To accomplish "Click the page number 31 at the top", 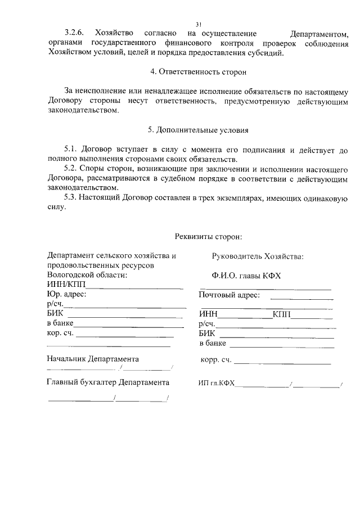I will [x=199, y=24].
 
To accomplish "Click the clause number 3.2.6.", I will [x=75, y=34].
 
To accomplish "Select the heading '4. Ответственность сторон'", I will [x=199, y=72].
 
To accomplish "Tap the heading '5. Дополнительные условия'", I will [x=198, y=130].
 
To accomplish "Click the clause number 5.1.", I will [x=71, y=150].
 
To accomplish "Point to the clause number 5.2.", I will [x=71, y=169].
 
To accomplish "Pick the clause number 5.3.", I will [x=71, y=197].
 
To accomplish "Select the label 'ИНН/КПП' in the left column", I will [x=62, y=285].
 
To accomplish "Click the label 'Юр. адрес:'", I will [x=66, y=294].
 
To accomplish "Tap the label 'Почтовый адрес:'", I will [x=229, y=295].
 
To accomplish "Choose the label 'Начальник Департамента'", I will [x=93, y=358].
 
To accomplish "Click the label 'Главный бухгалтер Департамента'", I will [x=108, y=382].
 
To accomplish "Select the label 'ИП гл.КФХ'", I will [x=217, y=383].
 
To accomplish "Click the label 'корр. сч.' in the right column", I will [x=216, y=359].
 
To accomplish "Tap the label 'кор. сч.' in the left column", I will [x=60, y=334].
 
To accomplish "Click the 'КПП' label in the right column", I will [x=281, y=314].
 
